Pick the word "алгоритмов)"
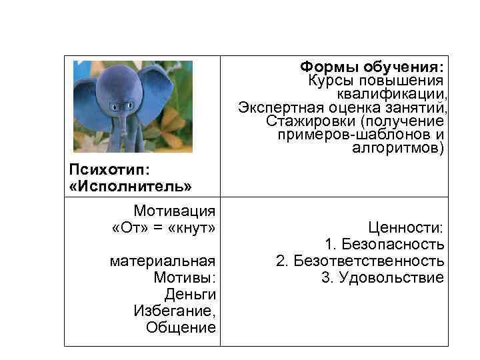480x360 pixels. click(397, 147)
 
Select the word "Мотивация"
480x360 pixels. click(175, 211)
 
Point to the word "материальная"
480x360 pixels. click(163, 261)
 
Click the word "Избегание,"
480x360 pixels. click(175, 311)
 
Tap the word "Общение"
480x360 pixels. click(181, 327)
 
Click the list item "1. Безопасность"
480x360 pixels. click(384, 245)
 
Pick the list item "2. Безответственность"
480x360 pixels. click(360, 261)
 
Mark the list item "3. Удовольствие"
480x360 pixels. click(383, 277)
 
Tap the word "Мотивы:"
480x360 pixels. click(184, 277)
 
